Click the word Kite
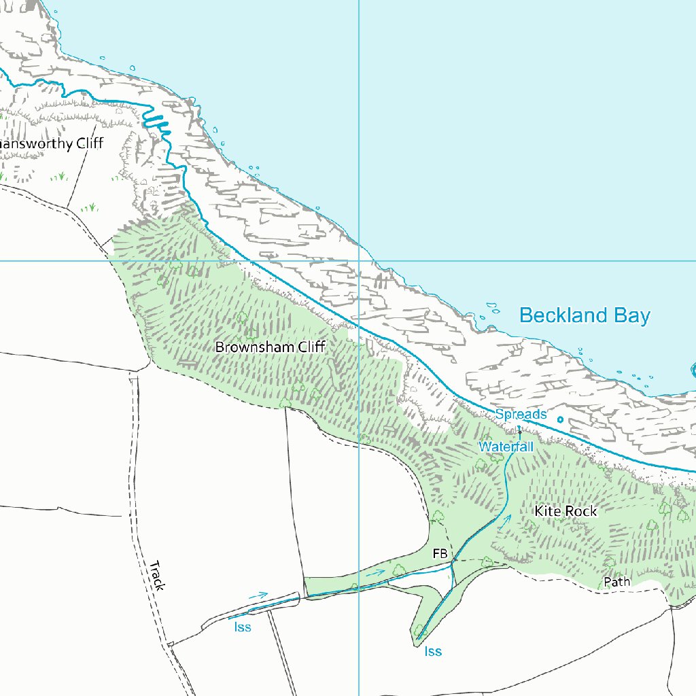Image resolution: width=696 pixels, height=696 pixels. pyautogui.click(x=546, y=511)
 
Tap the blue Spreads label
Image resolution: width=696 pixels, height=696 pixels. pyautogui.click(x=521, y=414)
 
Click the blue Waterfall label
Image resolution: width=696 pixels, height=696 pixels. pyautogui.click(x=506, y=447)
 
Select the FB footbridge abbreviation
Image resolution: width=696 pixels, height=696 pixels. pyautogui.click(x=440, y=555)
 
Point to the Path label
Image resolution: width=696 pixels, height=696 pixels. pyautogui.click(x=617, y=582)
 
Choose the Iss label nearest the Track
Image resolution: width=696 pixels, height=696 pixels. pyautogui.click(x=243, y=627)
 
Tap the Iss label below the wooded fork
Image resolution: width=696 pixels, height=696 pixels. pyautogui.click(x=433, y=652)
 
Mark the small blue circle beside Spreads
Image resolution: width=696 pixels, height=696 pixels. pyautogui.click(x=560, y=419)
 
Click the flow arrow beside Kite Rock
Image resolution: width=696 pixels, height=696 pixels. pyautogui.click(x=504, y=521)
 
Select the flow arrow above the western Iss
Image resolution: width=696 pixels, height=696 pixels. pyautogui.click(x=258, y=595)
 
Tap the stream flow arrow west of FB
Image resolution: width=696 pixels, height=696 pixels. pyautogui.click(x=375, y=573)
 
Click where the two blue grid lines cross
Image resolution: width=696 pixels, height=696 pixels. pyautogui.click(x=359, y=260)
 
